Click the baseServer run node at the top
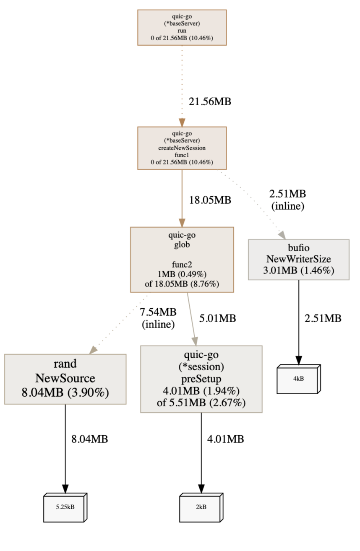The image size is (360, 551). click(x=182, y=27)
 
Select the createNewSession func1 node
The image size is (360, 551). click(x=182, y=148)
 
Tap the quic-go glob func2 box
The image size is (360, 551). click(x=182, y=260)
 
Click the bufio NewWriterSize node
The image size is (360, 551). click(x=299, y=260)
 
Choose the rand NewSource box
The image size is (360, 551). click(x=65, y=379)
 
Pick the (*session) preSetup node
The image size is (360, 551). click(x=201, y=379)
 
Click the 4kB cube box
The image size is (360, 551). click(x=299, y=379)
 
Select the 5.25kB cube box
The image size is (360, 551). click(x=65, y=507)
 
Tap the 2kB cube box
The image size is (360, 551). click(x=201, y=507)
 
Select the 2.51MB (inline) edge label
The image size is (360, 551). click(x=287, y=200)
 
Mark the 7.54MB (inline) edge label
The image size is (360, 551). click(x=158, y=318)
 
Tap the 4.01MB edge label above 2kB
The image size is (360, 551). click(x=225, y=439)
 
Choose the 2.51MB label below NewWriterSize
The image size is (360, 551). click(x=323, y=318)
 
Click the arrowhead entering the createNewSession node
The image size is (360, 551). click(x=182, y=122)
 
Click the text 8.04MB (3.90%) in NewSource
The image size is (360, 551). click(x=65, y=393)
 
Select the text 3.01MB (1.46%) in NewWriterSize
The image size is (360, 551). click(x=299, y=270)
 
